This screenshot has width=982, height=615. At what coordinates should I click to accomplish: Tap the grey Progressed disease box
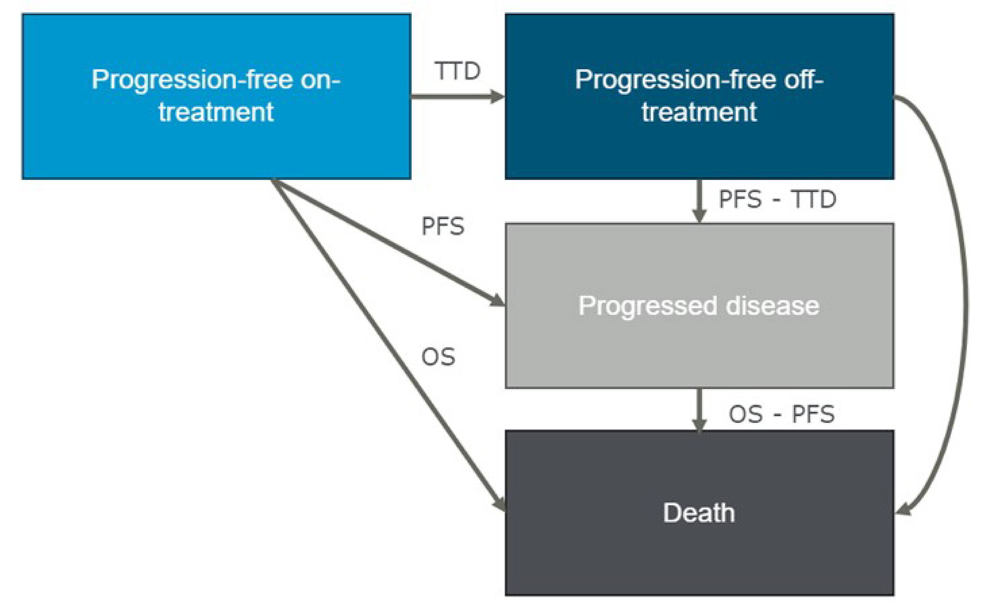[699, 350]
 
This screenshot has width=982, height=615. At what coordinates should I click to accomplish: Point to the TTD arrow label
[457, 71]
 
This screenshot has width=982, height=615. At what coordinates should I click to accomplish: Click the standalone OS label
[438, 357]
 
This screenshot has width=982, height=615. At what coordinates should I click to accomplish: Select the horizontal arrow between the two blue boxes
[451, 97]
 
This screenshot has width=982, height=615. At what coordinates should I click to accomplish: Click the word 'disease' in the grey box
[772, 306]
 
